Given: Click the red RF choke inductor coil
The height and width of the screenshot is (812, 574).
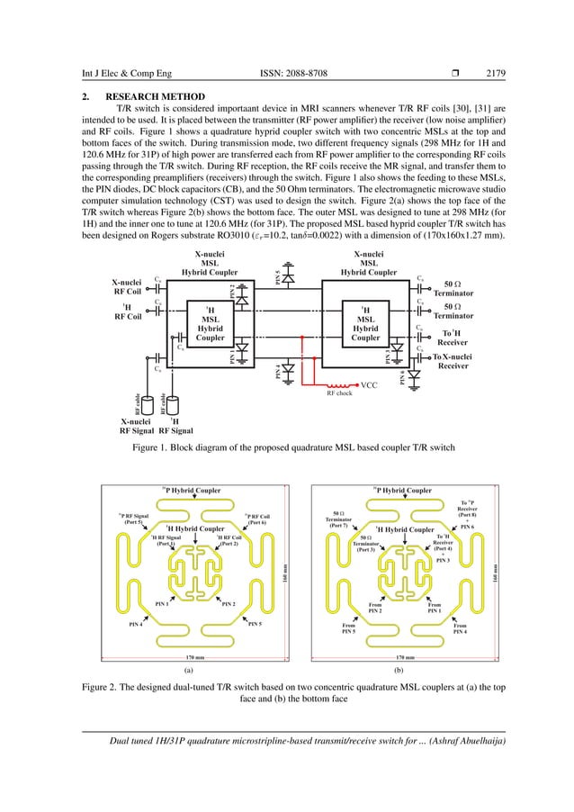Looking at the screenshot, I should (343, 385).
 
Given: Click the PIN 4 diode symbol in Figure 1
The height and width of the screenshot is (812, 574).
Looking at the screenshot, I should (287, 369).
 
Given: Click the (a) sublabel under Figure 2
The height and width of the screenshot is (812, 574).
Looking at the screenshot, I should (189, 670).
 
